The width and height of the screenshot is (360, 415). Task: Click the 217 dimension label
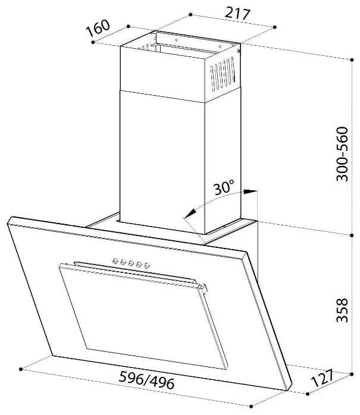tap(237, 14)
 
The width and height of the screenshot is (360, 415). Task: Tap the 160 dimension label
tap(98, 28)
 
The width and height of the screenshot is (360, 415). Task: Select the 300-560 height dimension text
tap(342, 154)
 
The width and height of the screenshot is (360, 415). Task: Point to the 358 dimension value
tap(342, 310)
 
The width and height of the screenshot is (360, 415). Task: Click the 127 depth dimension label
tap(323, 379)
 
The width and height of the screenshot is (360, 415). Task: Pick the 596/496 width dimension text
tap(146, 380)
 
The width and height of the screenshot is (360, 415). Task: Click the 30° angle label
tap(224, 187)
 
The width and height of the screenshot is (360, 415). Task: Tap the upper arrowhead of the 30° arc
tap(250, 191)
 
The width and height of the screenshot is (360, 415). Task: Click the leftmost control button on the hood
tap(115, 260)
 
